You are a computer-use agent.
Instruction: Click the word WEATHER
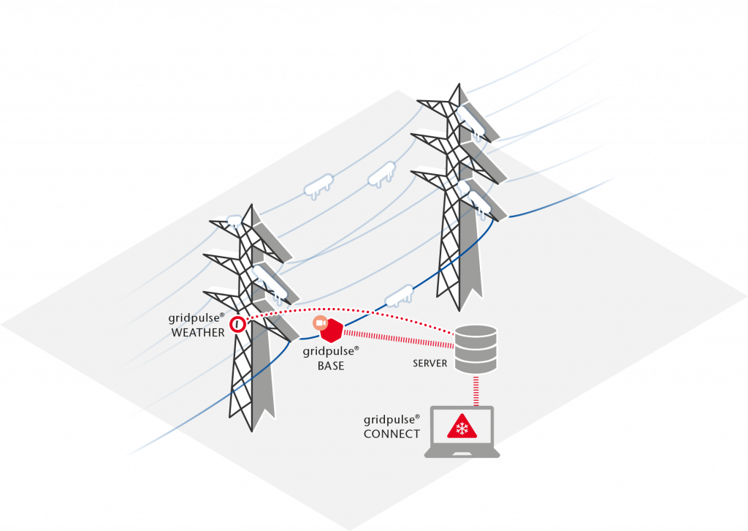[x=198, y=333]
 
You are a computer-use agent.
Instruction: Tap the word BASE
[x=331, y=366]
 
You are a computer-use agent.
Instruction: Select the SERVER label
[x=430, y=364]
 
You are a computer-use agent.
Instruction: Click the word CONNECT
[x=392, y=434]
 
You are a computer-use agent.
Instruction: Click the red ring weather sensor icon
[x=237, y=325]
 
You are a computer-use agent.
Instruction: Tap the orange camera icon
[x=320, y=323]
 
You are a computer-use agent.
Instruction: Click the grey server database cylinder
[x=476, y=349]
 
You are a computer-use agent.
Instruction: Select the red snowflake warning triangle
[x=462, y=426]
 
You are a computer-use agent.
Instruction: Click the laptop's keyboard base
[x=462, y=452]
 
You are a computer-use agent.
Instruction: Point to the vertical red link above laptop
[x=476, y=391]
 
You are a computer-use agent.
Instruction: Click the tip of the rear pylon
[x=459, y=84]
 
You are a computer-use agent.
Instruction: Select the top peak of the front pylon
[x=251, y=205]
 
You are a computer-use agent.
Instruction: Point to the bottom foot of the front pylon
[x=252, y=431]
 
